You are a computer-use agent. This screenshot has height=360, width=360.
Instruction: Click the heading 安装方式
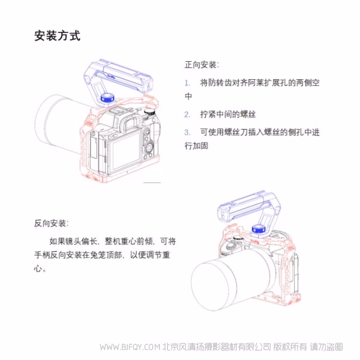[57, 36]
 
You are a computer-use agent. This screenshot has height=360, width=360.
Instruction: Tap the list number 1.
[187, 82]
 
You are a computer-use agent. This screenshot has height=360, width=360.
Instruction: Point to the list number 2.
[187, 114]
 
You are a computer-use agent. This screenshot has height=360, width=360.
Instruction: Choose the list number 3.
[187, 132]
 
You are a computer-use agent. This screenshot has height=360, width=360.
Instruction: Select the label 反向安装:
[51, 223]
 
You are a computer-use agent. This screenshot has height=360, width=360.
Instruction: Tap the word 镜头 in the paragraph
[80, 241]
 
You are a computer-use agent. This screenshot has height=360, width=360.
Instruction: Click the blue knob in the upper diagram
[108, 97]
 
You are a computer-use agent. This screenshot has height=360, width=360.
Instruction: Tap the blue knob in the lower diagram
[259, 229]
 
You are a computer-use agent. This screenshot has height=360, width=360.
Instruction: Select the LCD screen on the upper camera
[123, 153]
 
